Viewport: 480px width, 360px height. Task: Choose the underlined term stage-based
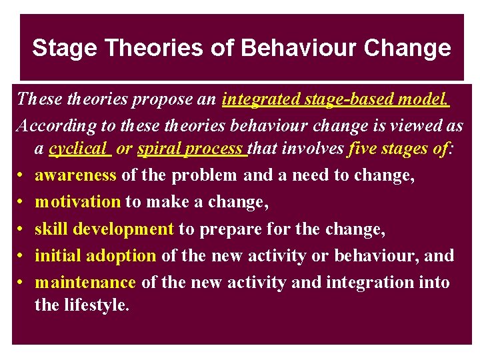[x=347, y=100]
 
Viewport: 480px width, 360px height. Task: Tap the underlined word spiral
[x=159, y=149]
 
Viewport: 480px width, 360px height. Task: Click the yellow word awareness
[x=75, y=175]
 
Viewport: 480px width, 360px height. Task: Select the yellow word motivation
[x=77, y=202]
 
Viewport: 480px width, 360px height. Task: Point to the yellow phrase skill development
[x=104, y=229]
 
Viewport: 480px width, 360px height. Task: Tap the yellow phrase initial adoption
[x=95, y=256]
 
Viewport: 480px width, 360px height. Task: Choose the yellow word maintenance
[x=85, y=283]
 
